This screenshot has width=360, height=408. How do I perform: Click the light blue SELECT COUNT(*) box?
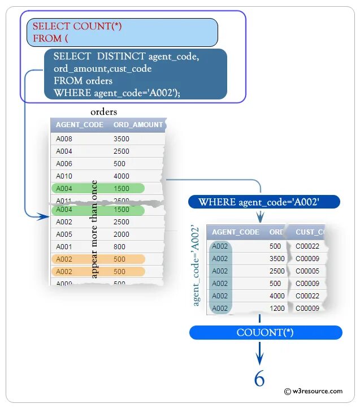tap(122, 32)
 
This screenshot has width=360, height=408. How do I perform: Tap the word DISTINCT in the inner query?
tap(121, 57)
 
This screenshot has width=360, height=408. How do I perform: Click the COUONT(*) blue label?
tap(265, 332)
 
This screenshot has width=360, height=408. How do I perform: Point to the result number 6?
tap(259, 379)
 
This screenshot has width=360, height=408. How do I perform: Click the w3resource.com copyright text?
tap(313, 391)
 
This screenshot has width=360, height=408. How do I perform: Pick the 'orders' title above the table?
tap(103, 112)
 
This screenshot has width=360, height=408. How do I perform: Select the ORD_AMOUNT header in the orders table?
tap(138, 125)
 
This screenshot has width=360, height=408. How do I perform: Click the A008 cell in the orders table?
tap(64, 139)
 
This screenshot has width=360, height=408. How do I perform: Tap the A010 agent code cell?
tap(64, 176)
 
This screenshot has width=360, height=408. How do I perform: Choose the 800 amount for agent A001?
tap(119, 246)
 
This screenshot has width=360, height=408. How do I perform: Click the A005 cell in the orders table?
tap(64, 234)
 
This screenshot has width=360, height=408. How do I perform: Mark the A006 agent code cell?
tap(64, 164)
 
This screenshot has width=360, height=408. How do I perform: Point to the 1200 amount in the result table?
tap(277, 309)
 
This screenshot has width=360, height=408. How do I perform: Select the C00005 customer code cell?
tap(307, 271)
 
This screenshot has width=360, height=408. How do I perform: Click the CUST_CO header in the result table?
tap(310, 232)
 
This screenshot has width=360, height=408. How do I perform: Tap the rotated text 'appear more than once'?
tap(94, 229)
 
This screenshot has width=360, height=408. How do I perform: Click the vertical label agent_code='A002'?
tap(196, 266)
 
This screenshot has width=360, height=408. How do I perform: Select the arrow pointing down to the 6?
tap(259, 356)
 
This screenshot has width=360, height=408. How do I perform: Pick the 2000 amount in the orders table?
tap(122, 234)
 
